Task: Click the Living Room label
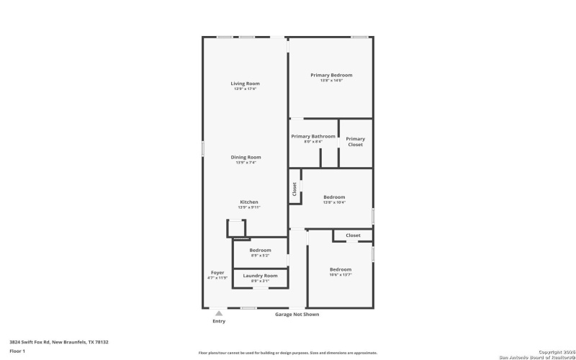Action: click(x=245, y=84)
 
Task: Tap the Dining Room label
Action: click(x=246, y=157)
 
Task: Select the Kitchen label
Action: click(x=248, y=202)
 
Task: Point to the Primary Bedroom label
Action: click(x=331, y=75)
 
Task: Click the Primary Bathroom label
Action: click(x=312, y=136)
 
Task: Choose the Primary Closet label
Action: click(x=355, y=142)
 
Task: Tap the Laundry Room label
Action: click(x=260, y=276)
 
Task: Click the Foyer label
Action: click(x=217, y=273)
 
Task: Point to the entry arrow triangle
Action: click(x=219, y=313)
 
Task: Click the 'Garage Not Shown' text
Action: click(x=297, y=315)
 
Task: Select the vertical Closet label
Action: click(x=294, y=189)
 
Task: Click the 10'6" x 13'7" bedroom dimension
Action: click(x=341, y=274)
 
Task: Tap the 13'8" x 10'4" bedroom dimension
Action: click(x=334, y=202)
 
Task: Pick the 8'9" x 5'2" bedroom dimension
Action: click(x=260, y=256)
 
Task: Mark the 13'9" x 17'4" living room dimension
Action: click(x=245, y=89)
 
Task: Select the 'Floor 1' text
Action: click(x=17, y=351)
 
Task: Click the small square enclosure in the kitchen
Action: click(x=237, y=228)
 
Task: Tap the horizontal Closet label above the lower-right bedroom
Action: click(x=353, y=235)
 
